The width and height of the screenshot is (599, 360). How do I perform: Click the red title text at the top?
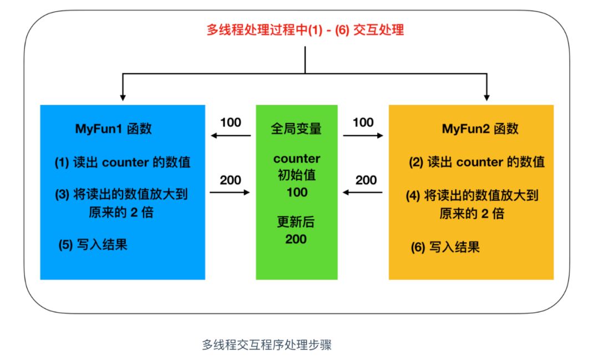click(x=305, y=29)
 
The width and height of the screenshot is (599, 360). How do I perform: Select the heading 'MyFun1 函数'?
click(x=114, y=129)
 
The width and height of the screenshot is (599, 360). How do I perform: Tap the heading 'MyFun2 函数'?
click(x=480, y=129)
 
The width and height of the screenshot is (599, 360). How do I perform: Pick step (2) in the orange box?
click(x=477, y=162)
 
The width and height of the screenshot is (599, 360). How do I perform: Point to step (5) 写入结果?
click(x=93, y=244)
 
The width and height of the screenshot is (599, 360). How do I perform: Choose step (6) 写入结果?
click(x=445, y=247)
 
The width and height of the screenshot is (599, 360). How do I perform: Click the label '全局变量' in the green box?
click(x=296, y=129)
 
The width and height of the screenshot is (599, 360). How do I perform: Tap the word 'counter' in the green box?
click(x=297, y=159)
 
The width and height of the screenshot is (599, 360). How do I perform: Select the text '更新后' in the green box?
click(x=296, y=222)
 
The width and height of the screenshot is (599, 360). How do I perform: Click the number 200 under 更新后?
click(x=296, y=239)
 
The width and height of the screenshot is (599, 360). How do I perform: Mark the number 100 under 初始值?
click(x=296, y=192)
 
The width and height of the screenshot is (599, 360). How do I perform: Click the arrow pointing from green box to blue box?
click(x=230, y=135)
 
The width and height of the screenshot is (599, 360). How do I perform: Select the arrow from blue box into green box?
click(x=230, y=192)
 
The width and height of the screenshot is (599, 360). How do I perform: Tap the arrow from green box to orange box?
click(x=363, y=135)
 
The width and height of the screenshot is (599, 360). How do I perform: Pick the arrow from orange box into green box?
click(x=363, y=192)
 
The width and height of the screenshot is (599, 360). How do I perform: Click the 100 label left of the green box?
click(x=231, y=122)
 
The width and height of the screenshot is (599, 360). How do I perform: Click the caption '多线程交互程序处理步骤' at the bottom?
click(x=266, y=344)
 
